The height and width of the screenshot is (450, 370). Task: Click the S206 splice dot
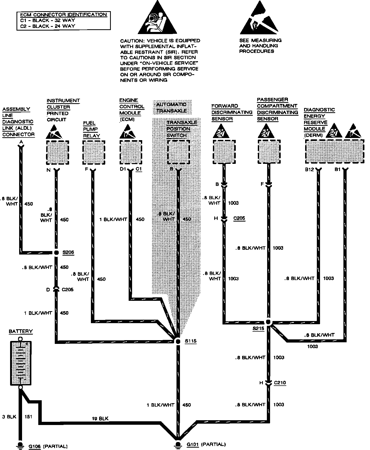pyautogui.click(x=56, y=252)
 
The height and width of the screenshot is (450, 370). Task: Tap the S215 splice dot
pyautogui.click(x=268, y=322)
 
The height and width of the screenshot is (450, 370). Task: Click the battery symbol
pyautogui.click(x=20, y=363)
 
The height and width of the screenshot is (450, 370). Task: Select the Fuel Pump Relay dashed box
pyautogui.click(x=94, y=153)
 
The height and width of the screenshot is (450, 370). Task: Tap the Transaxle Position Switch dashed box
pyautogui.click(x=178, y=152)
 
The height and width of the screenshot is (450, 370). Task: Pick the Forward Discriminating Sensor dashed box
pyautogui.click(x=224, y=152)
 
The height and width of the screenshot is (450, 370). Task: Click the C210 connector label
pyautogui.click(x=280, y=383)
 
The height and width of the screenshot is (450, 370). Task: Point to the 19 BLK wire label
pyautogui.click(x=100, y=418)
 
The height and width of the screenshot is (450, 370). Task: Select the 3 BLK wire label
pyautogui.click(x=9, y=416)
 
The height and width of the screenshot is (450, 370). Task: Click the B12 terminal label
pyautogui.click(x=310, y=169)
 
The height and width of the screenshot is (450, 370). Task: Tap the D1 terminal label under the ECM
pyautogui.click(x=123, y=169)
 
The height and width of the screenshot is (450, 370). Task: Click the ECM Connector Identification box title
pyautogui.click(x=64, y=15)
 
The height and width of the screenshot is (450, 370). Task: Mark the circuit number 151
pyautogui.click(x=28, y=416)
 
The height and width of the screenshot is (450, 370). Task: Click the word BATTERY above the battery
pyautogui.click(x=21, y=331)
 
